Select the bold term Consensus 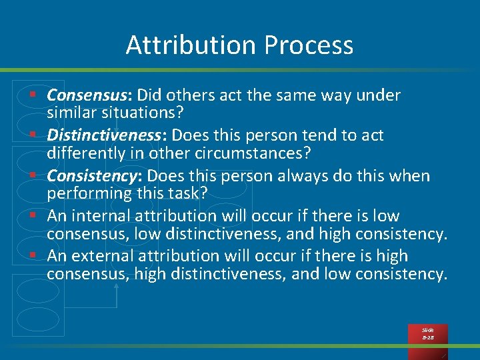click(89, 95)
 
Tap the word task click(189, 193)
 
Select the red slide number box click(427, 334)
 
